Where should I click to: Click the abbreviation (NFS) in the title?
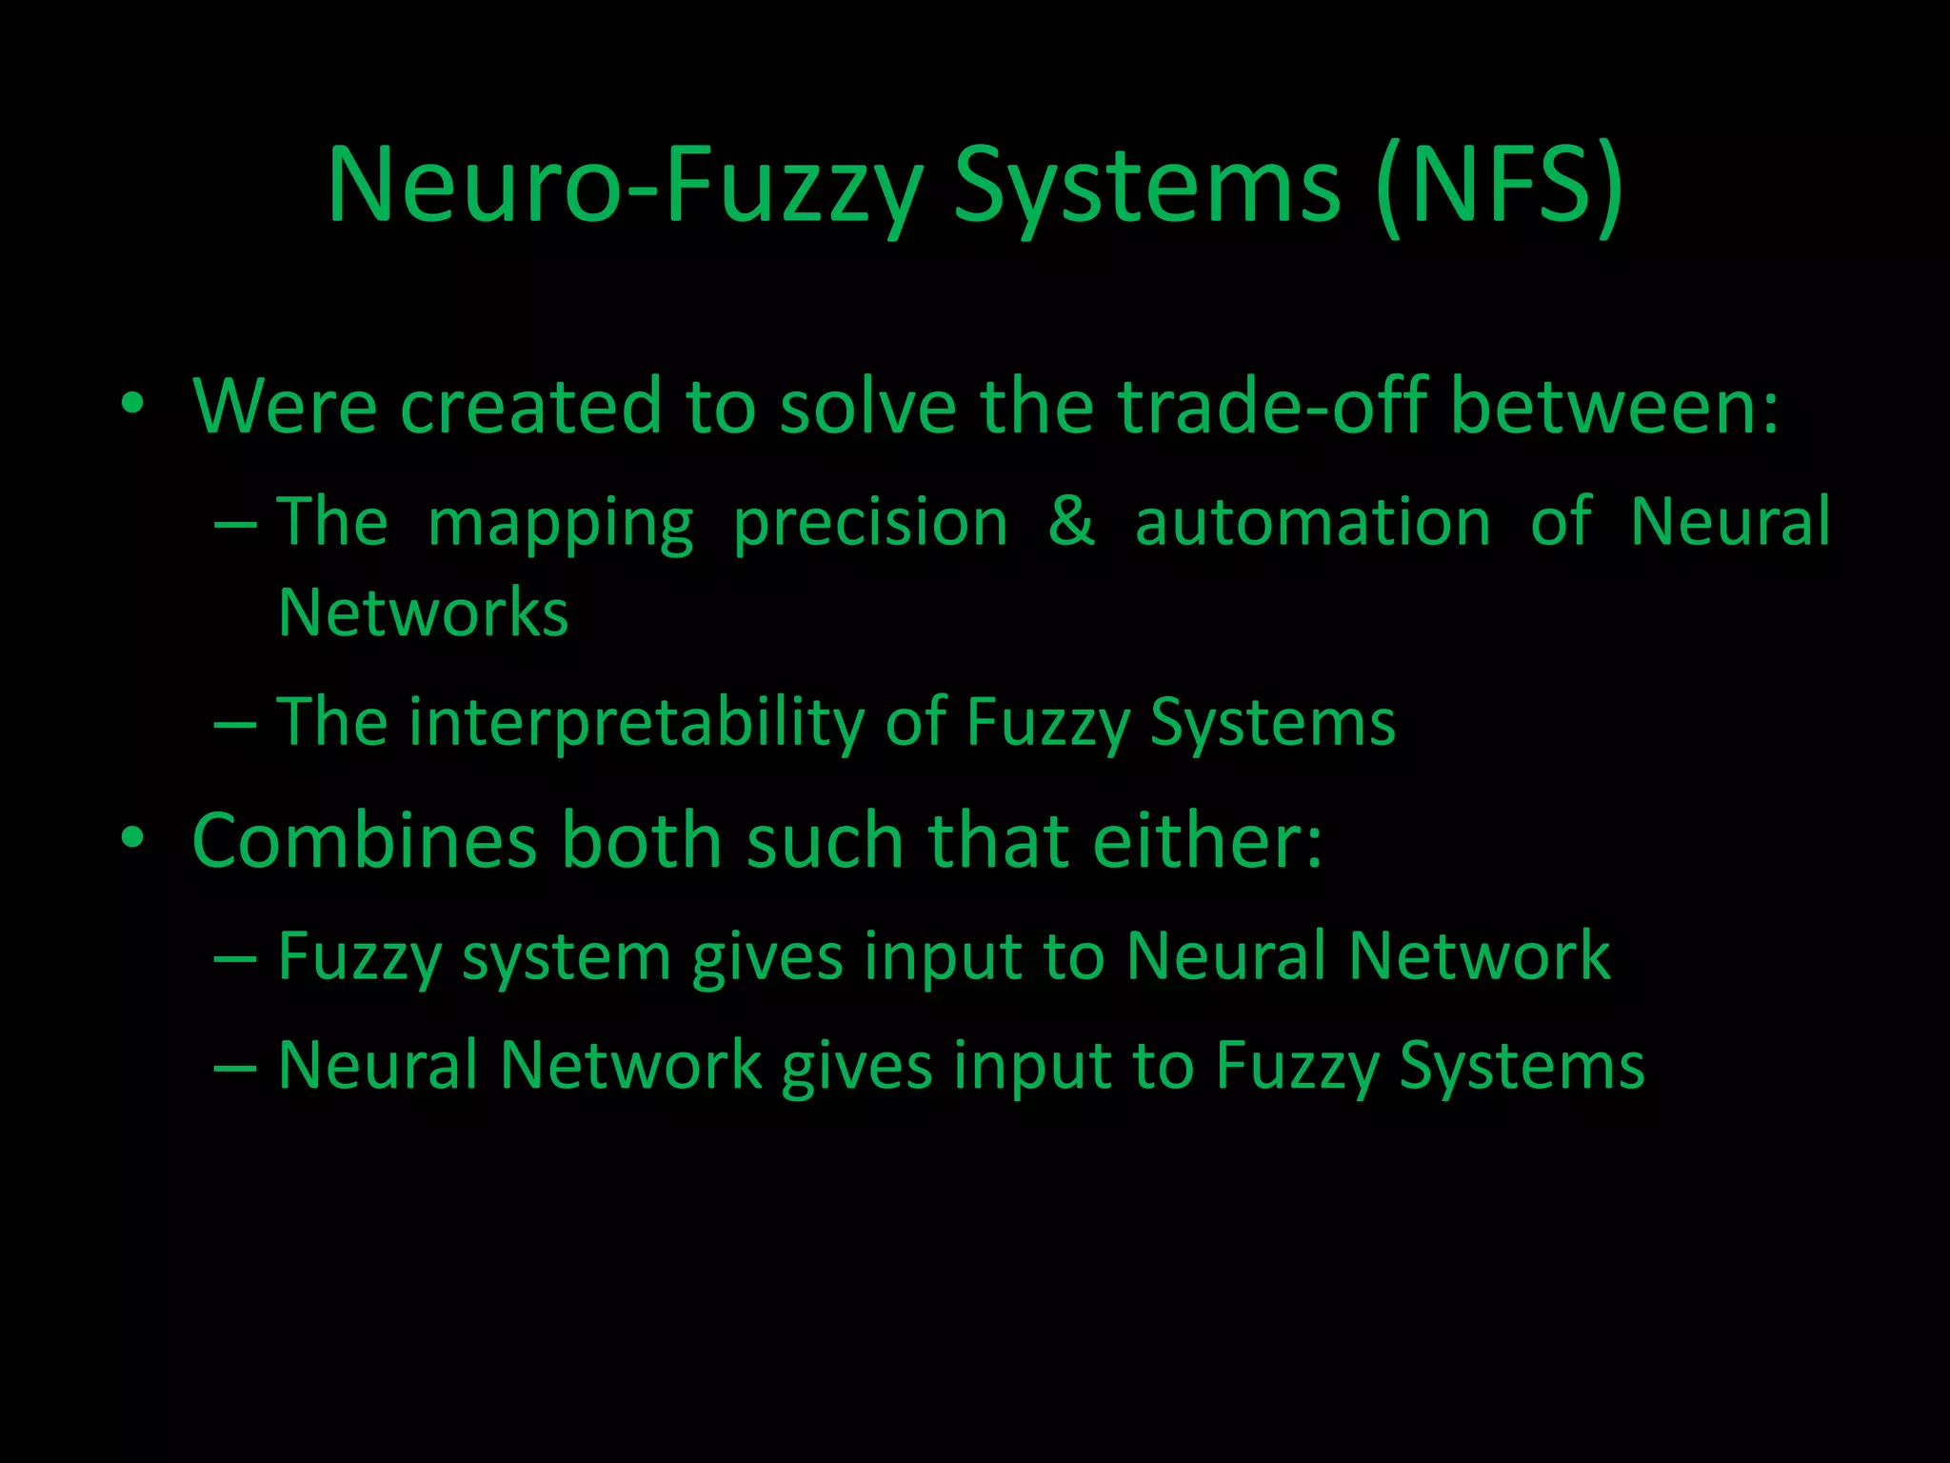point(1500,185)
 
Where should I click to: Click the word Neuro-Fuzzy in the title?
point(625,185)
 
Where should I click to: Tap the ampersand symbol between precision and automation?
point(1071,522)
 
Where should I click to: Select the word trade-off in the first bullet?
point(1272,407)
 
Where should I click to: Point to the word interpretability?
point(637,722)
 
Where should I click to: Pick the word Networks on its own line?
point(424,612)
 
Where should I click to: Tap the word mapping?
point(561,524)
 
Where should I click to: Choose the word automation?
point(1313,522)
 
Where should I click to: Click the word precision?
point(870,524)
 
